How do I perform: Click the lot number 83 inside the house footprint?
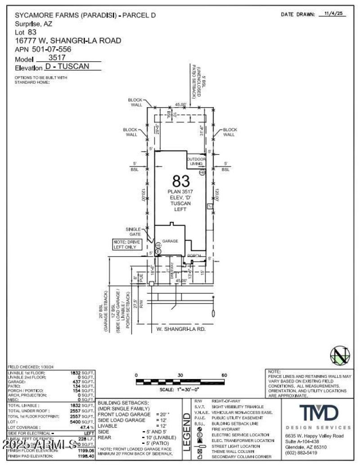coord(181,181)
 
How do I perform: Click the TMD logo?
coord(319,413)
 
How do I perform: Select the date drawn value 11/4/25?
coord(334,14)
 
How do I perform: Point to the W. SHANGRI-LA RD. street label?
coord(175,329)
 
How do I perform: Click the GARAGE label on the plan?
coord(170,241)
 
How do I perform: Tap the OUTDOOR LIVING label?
coord(197,161)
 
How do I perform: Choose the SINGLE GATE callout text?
coord(134,232)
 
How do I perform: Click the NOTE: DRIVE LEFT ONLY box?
coord(127,244)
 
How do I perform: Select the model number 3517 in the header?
coord(57,58)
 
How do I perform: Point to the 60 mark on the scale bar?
coord(224,375)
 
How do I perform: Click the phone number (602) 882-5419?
coord(301,452)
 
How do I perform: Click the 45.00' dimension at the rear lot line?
coord(180,104)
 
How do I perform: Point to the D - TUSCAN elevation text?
coord(67,67)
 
